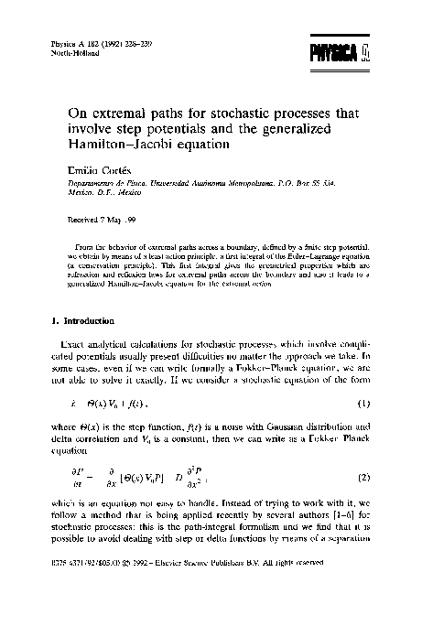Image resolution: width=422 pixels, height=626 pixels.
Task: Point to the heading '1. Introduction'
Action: [81, 321]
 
